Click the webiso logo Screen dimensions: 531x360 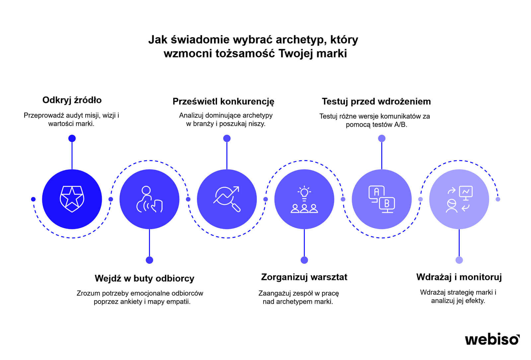pos(492,339)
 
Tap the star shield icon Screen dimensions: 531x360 pos(72,199)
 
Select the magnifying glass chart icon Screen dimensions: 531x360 pos(227,199)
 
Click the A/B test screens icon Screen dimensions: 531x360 pos(382,199)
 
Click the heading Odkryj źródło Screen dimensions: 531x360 pos(72,100)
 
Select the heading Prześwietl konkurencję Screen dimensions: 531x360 pos(223,102)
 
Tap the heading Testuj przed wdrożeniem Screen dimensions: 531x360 pos(376,102)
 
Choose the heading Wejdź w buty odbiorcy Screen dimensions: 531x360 pos(144,278)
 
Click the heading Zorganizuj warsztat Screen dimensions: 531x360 pos(304,277)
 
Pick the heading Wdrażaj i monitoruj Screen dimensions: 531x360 pos(459,277)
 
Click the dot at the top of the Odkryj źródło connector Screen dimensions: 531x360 pos(72,138)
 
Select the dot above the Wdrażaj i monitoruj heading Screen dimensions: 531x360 pos(459,260)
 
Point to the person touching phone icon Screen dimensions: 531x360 pos(149,199)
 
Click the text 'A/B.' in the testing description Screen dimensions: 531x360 pos(400,125)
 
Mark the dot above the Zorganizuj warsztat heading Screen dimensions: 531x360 pos(304,260)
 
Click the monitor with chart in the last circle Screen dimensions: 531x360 pos(466,193)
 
